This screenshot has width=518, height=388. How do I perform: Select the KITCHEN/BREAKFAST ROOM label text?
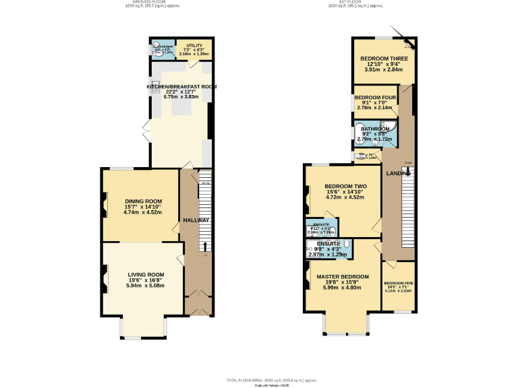181,87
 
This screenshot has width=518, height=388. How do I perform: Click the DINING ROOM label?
144,201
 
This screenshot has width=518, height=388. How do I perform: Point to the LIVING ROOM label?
146,275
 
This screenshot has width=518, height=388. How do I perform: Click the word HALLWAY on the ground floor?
196,220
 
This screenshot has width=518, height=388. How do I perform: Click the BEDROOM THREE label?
382,59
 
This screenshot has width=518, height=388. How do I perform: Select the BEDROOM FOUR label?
374,98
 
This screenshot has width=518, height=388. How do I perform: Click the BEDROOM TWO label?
345,187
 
